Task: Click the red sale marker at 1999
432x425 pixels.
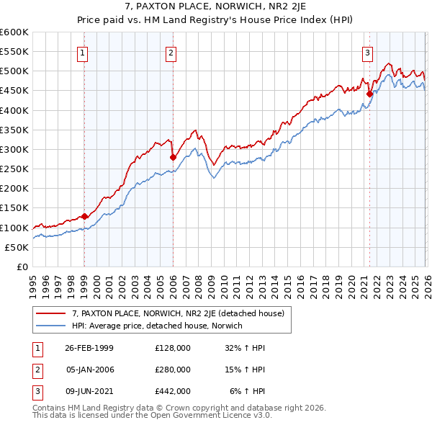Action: pos(85,216)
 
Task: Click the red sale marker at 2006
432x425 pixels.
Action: pos(173,157)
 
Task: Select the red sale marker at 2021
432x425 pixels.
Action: pos(369,94)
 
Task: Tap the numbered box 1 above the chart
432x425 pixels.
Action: pos(84,52)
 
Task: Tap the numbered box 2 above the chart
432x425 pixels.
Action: pos(171,52)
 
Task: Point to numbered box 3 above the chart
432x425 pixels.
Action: pos(367,52)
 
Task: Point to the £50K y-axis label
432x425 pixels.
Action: pos(16,247)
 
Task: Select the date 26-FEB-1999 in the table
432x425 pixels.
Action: pos(89,347)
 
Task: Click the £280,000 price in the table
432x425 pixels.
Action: pos(173,369)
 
